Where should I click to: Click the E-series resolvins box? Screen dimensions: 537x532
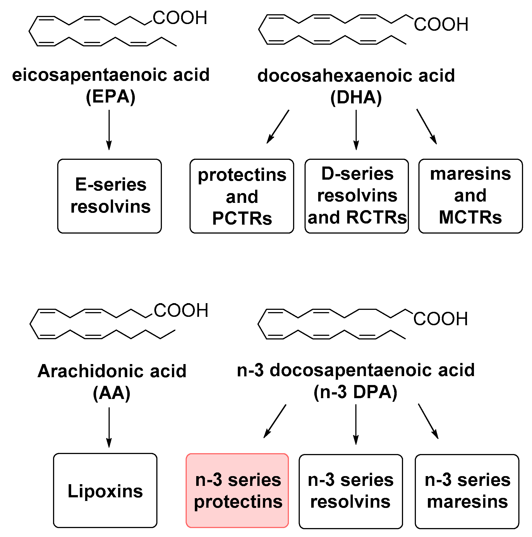pyautogui.click(x=109, y=196)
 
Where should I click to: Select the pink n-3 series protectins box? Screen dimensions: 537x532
pyautogui.click(x=237, y=491)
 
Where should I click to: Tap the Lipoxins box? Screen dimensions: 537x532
pyautogui.click(x=105, y=491)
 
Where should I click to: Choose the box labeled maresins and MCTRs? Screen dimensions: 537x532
pyautogui.click(x=470, y=196)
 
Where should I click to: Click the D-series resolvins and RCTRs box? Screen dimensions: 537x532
pyautogui.click(x=356, y=196)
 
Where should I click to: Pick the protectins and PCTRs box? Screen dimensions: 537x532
pyautogui.click(x=242, y=196)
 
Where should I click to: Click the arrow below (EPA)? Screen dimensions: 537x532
pyautogui.click(x=109, y=130)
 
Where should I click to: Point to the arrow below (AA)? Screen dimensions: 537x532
pyautogui.click(x=109, y=427)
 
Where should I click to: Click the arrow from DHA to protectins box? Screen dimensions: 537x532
pyautogui.click(x=278, y=127)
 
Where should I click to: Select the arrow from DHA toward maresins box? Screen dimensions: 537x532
pyautogui.click(x=426, y=127)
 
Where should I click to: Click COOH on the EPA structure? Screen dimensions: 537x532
pyautogui.click(x=180, y=18)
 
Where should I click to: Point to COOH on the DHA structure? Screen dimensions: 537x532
pyautogui.click(x=441, y=25)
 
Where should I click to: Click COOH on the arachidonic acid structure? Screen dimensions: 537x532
pyautogui.click(x=181, y=310)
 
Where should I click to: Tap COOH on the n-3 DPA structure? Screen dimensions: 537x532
pyautogui.click(x=440, y=319)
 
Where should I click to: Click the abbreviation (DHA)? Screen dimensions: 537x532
pyautogui.click(x=356, y=98)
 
